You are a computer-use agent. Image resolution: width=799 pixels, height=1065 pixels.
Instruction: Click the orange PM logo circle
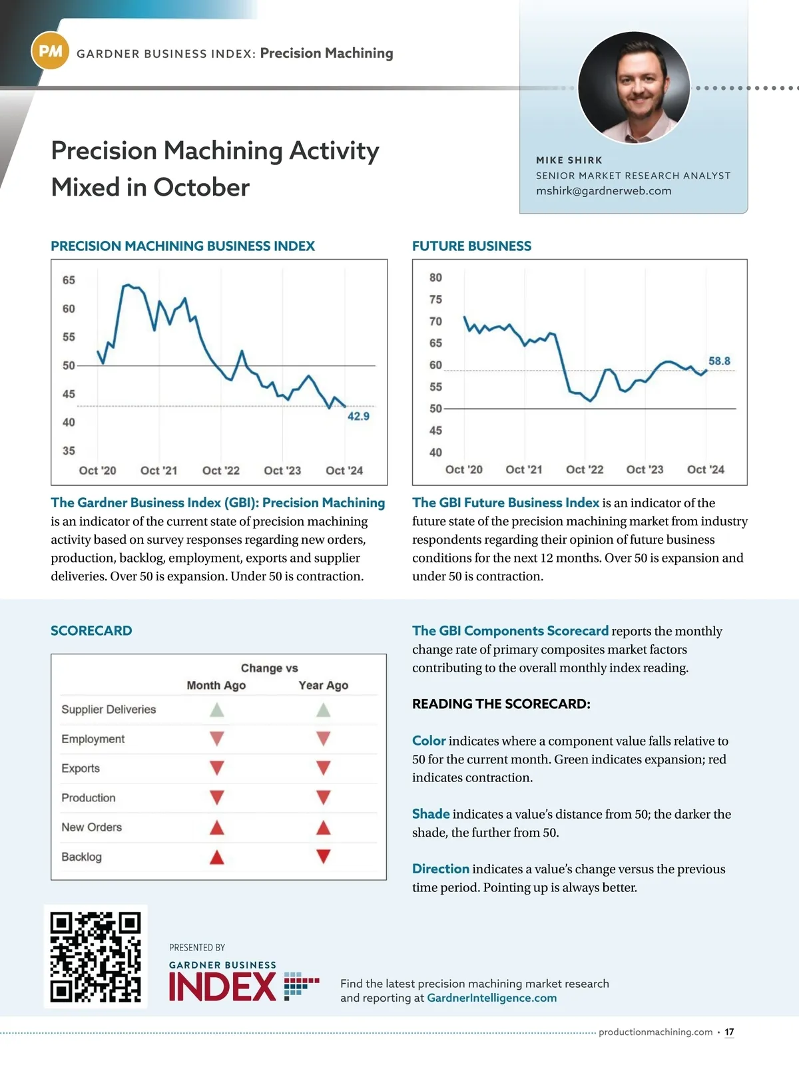point(50,51)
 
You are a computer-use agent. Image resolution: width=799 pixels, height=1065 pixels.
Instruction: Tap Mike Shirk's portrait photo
point(633,87)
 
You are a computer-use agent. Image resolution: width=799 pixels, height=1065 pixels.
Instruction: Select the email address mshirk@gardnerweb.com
point(603,191)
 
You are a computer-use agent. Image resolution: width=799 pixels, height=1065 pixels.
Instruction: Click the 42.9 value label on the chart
point(358,416)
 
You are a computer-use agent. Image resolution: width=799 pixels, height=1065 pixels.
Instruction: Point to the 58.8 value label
point(719,361)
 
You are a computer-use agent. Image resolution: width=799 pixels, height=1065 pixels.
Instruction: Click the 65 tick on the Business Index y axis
point(69,280)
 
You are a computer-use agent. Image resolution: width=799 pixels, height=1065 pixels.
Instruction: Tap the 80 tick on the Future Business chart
point(435,278)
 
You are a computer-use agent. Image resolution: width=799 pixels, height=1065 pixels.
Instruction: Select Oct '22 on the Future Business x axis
point(585,469)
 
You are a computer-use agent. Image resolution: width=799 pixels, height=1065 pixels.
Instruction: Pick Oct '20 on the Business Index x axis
point(97,471)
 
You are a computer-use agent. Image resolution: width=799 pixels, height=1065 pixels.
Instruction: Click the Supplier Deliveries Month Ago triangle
point(216,710)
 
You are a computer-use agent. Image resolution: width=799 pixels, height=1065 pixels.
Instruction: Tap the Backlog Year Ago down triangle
point(324,857)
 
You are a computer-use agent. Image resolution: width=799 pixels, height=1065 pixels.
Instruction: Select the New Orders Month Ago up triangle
point(216,827)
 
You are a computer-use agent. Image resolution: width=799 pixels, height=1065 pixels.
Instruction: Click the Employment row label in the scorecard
point(93,739)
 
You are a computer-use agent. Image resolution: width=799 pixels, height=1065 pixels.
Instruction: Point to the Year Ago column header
point(324,686)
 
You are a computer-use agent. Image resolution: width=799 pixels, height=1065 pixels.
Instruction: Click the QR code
point(96,957)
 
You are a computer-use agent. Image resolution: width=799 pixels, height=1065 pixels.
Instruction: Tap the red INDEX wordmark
point(222,986)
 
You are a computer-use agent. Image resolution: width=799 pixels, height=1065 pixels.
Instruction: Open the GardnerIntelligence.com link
point(491,998)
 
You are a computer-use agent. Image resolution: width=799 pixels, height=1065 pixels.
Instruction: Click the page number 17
point(729,1032)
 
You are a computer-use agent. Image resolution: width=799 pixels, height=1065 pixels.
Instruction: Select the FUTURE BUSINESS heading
point(471,246)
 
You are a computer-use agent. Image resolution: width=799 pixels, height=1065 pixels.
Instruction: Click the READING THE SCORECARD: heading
point(501,704)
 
